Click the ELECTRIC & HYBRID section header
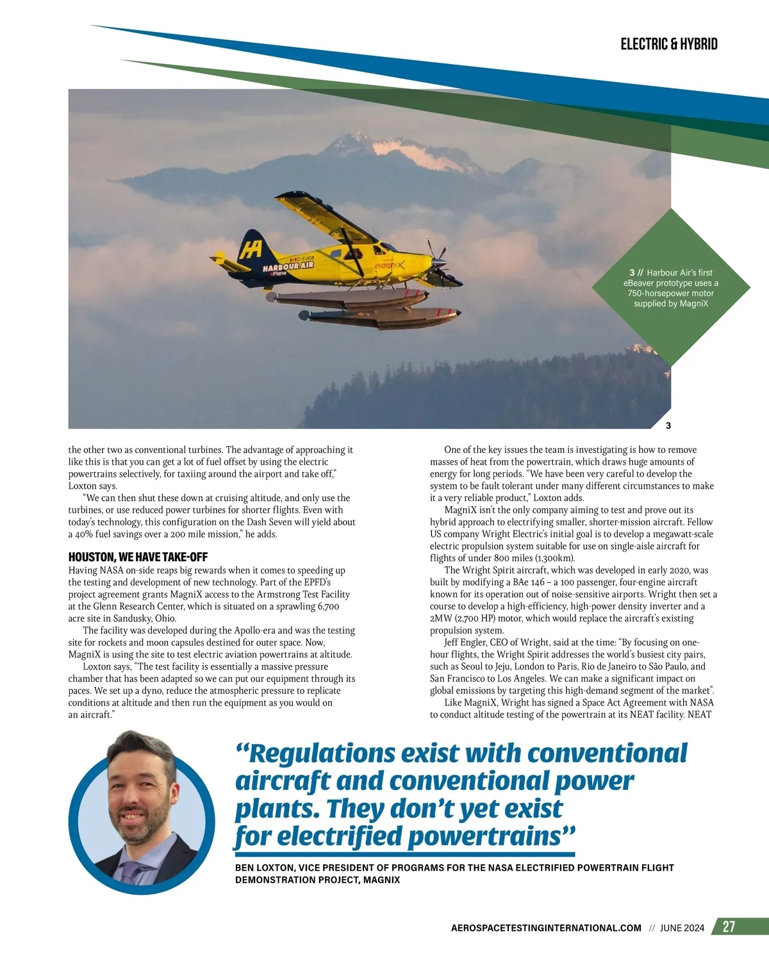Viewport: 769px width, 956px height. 668,44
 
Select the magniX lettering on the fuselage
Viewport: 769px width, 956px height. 390,265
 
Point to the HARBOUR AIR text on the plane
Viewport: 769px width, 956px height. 288,266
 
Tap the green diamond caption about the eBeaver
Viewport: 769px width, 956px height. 671,288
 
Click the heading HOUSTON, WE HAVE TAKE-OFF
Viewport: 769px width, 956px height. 138,557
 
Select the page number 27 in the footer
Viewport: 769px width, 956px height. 729,927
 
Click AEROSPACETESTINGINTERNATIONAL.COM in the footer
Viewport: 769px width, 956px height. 546,928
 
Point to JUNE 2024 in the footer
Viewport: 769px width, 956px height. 682,928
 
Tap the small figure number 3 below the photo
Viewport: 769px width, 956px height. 668,425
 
